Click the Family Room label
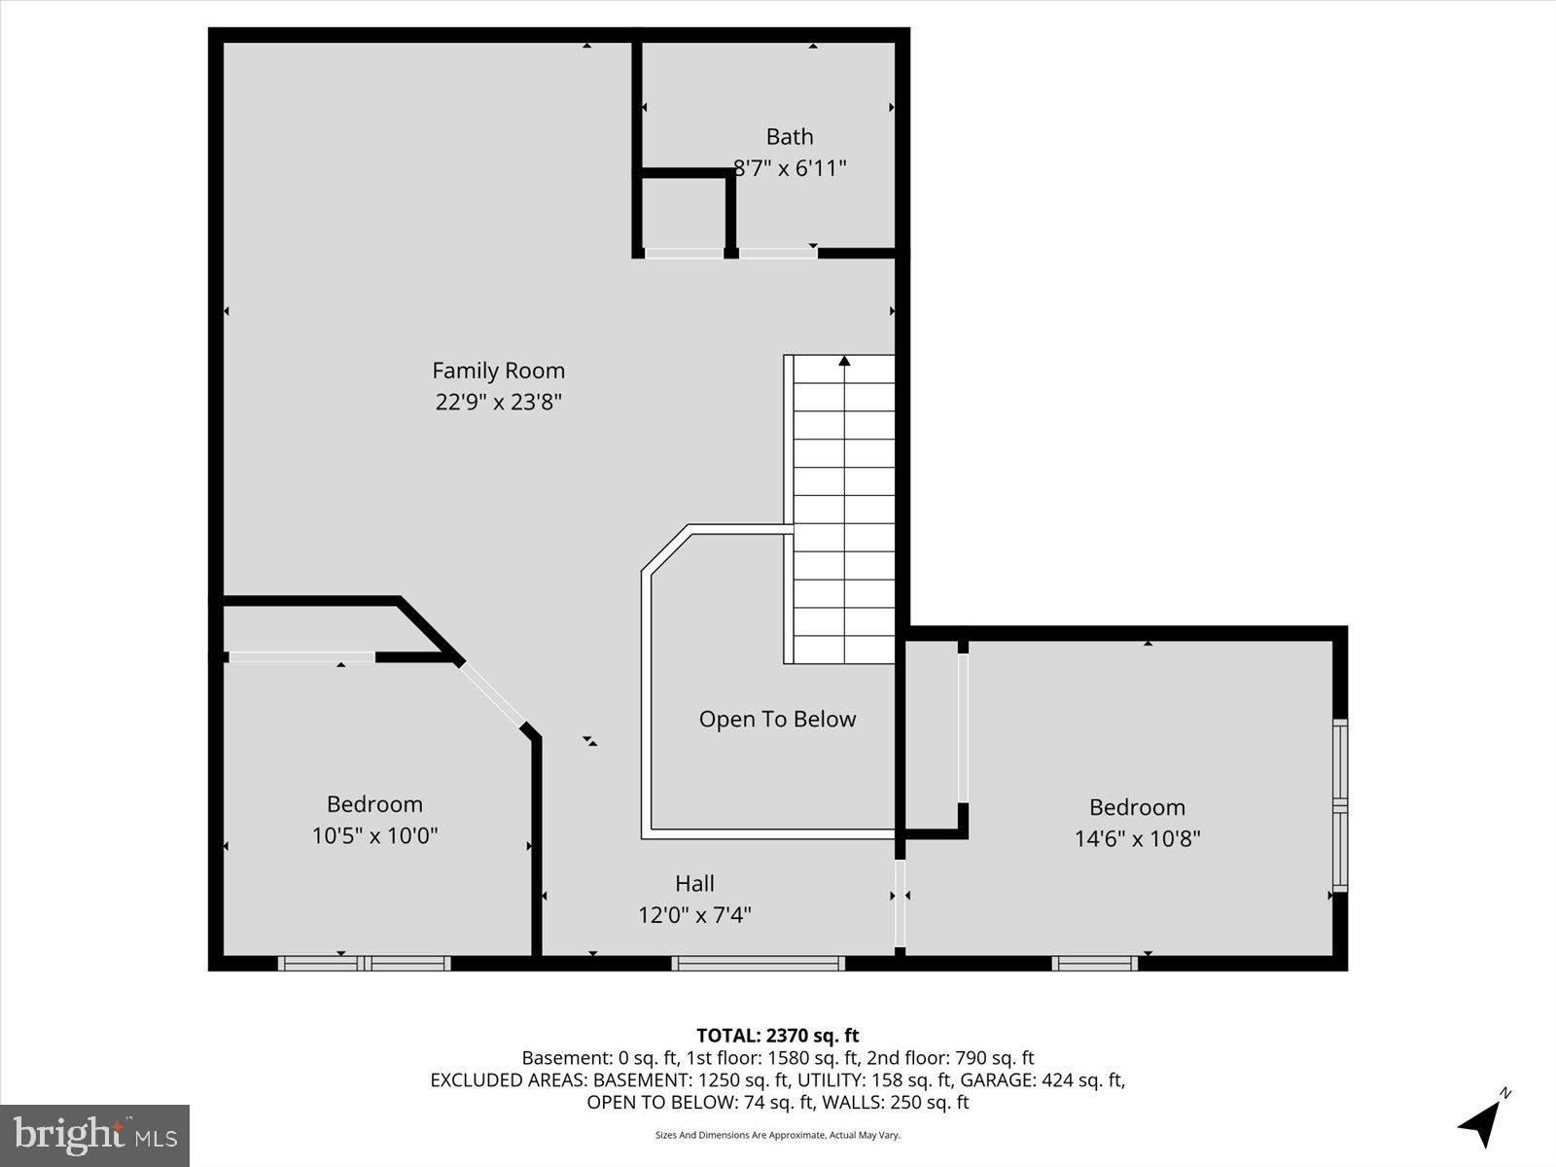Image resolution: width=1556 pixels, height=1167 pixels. click(x=498, y=371)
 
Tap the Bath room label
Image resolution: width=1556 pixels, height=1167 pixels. click(x=789, y=136)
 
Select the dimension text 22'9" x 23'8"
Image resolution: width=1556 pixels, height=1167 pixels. click(x=498, y=403)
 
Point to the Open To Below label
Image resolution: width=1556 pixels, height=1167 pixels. click(x=777, y=720)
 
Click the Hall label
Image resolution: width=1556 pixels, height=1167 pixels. click(x=694, y=883)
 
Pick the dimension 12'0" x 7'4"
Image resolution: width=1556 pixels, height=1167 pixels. click(x=694, y=915)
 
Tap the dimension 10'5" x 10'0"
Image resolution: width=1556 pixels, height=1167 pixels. click(x=374, y=836)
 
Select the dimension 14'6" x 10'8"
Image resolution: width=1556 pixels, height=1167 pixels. click(x=1137, y=839)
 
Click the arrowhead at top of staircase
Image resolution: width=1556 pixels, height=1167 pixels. click(x=844, y=361)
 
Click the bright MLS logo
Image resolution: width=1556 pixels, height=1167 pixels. click(x=94, y=1135)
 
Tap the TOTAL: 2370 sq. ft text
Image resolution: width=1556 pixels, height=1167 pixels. click(x=777, y=1036)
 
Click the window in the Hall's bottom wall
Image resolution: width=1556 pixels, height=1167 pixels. click(x=758, y=964)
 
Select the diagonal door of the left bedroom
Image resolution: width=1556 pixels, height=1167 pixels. click(x=493, y=695)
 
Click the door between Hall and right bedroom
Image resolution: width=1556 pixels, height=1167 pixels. click(x=900, y=902)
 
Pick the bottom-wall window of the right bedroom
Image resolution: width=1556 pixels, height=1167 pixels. click(x=1094, y=964)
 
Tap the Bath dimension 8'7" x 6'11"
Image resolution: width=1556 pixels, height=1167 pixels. click(x=789, y=168)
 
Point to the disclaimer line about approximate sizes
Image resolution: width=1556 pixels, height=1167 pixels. click(x=777, y=1135)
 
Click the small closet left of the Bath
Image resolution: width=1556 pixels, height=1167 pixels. click(x=684, y=213)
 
